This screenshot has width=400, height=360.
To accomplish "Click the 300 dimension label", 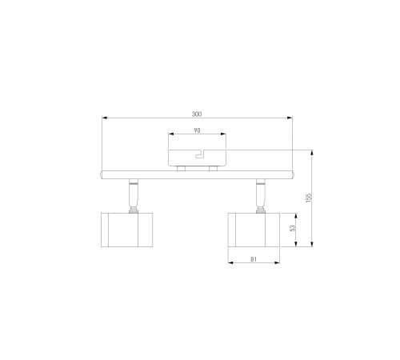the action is coord(197,114).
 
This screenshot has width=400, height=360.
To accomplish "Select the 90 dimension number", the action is coord(197,130).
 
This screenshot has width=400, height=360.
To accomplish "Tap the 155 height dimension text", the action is coord(309,198).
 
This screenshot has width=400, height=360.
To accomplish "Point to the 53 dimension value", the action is coord(293,228).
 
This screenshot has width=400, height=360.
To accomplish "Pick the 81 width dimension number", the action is coord(254,259).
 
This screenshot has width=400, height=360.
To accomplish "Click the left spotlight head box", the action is coord(126,230).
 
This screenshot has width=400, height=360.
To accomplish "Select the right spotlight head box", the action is coord(254,230).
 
